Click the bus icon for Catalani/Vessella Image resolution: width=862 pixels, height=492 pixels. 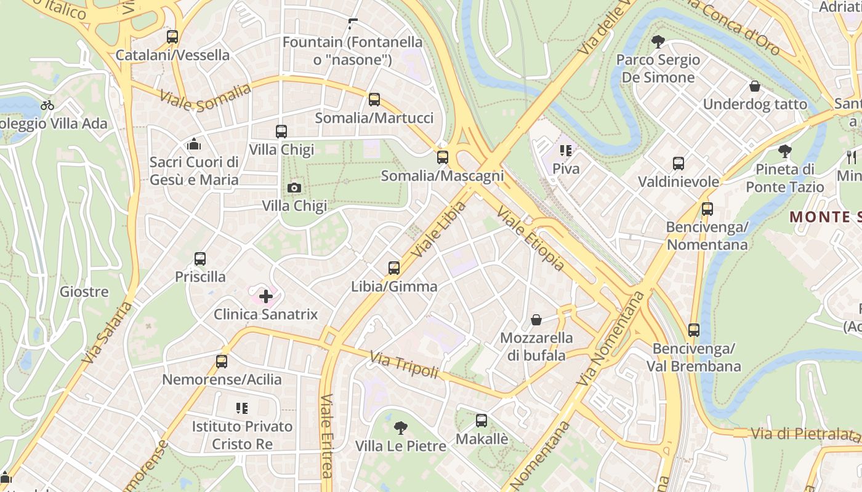[172, 37]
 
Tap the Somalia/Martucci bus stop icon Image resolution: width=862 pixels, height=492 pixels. [374, 100]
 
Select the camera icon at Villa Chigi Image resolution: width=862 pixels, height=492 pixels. [294, 188]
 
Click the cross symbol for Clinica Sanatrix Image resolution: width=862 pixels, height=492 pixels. [266, 297]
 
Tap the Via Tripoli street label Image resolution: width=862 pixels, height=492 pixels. [404, 365]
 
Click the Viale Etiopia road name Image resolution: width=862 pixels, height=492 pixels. [530, 239]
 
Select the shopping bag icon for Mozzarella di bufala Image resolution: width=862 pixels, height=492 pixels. [536, 320]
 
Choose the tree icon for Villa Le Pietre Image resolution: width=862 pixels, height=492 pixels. [401, 427]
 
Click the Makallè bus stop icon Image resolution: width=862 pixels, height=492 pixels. [481, 421]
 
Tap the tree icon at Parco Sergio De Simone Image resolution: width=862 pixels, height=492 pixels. [658, 42]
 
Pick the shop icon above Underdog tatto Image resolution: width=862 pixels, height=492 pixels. [755, 86]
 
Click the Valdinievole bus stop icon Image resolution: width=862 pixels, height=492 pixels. [679, 164]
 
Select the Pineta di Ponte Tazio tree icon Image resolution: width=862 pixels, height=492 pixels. [785, 151]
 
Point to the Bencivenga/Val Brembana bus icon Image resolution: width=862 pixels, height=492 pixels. [694, 330]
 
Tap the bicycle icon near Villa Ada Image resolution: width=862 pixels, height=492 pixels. [47, 105]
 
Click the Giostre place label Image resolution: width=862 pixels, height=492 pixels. [84, 292]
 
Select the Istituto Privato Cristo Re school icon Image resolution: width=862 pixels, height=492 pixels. [242, 408]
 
